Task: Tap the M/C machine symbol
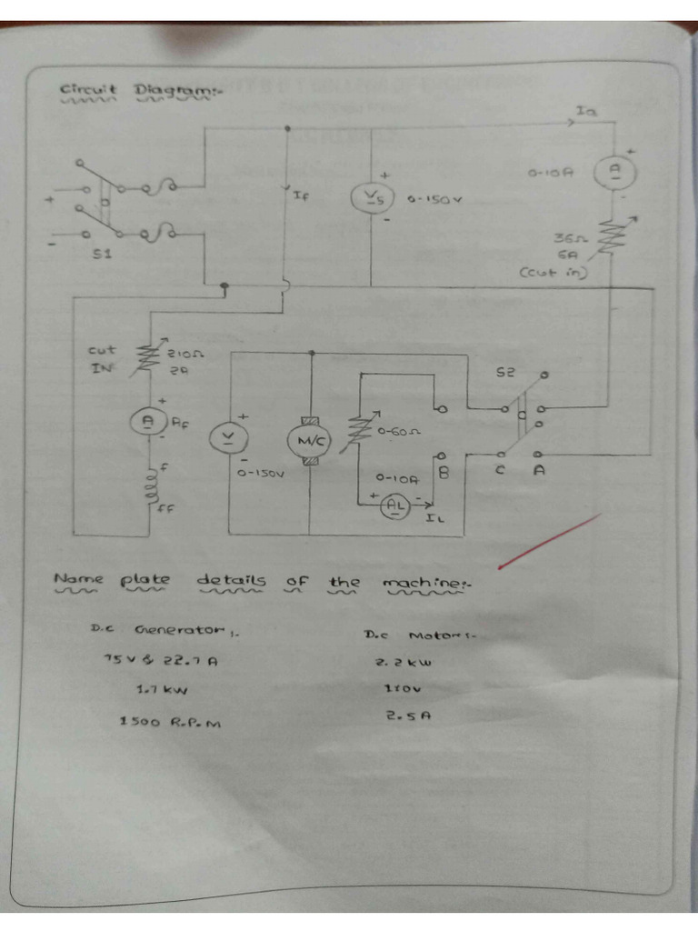pyautogui.click(x=311, y=441)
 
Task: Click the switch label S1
pyautogui.click(x=102, y=255)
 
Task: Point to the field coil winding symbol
pyautogui.click(x=145, y=492)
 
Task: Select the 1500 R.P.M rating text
pyautogui.click(x=170, y=722)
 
